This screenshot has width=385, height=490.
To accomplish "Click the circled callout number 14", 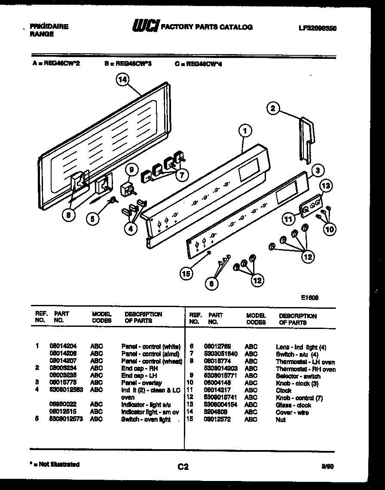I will (x=124, y=79).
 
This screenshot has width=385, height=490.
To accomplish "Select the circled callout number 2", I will (x=273, y=108).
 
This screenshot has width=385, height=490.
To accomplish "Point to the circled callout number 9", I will (x=132, y=170).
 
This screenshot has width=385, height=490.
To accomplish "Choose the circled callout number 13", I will (x=326, y=186).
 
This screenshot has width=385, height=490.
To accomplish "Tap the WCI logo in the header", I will (x=146, y=27).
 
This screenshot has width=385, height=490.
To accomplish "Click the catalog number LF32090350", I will (x=318, y=28).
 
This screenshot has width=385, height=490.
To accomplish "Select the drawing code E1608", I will (x=309, y=296).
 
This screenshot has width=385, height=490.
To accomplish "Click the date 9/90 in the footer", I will (x=327, y=465).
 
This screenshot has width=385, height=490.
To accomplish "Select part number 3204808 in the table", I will (x=216, y=412).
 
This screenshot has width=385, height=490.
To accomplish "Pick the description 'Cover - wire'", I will (x=292, y=412).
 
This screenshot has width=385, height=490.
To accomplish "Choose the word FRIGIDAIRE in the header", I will (x=49, y=27).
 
